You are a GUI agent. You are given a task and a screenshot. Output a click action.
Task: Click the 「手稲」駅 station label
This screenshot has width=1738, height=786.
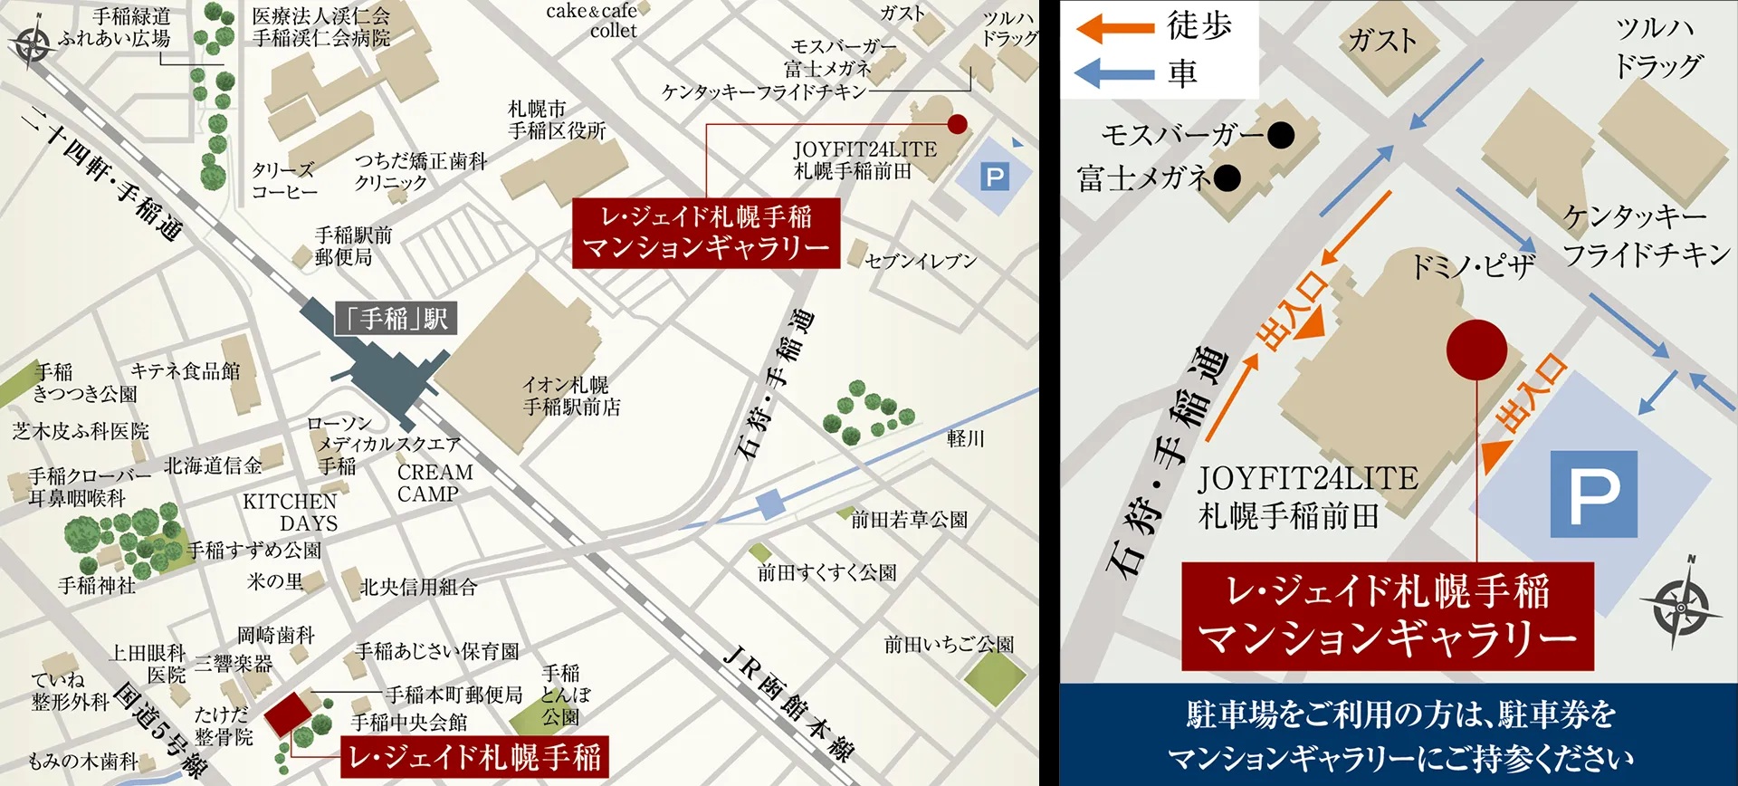pyautogui.click(x=396, y=319)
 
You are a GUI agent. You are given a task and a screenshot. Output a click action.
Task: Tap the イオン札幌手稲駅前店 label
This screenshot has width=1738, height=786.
pyautogui.click(x=571, y=397)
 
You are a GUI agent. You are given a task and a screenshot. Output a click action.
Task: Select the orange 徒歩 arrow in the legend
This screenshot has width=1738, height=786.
pyautogui.click(x=1114, y=28)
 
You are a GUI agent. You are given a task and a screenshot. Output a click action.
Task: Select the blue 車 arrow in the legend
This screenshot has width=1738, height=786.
pyautogui.click(x=1114, y=72)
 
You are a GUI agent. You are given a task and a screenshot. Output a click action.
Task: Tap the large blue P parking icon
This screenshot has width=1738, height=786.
pyautogui.click(x=1594, y=494)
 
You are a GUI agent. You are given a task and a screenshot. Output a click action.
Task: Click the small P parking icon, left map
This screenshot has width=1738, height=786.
pyautogui.click(x=994, y=177)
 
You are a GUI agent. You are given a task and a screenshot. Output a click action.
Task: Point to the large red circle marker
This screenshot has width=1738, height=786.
pyautogui.click(x=1476, y=350)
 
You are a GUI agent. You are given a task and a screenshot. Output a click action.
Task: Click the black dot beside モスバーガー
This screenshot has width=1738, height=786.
pyautogui.click(x=1280, y=136)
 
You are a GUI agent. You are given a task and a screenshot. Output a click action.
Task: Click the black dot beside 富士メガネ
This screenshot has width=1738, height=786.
pyautogui.click(x=1227, y=178)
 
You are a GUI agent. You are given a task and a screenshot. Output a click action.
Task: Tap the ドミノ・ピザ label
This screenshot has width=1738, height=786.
pyautogui.click(x=1474, y=266)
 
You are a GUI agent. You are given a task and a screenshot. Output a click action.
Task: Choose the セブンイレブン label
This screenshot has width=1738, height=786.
pyautogui.click(x=921, y=262)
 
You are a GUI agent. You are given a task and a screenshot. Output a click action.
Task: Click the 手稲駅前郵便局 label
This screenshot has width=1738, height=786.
pyautogui.click(x=352, y=246)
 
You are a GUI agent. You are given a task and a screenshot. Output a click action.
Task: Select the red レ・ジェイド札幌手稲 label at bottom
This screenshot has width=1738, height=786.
pyautogui.click(x=474, y=757)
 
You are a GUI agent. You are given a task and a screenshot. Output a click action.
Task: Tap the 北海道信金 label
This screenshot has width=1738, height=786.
pyautogui.click(x=213, y=465)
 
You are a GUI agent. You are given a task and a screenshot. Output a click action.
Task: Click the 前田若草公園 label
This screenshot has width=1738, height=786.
pyautogui.click(x=909, y=520)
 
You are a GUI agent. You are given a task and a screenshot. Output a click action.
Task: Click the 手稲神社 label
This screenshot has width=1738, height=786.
pyautogui.click(x=97, y=586)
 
